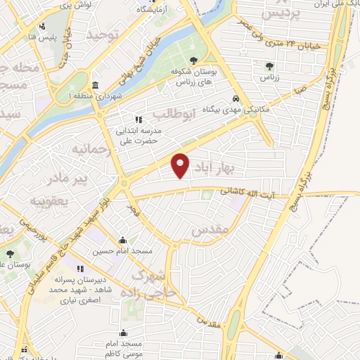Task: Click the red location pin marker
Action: coord(181,165)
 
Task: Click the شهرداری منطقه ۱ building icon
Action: coord(95,84)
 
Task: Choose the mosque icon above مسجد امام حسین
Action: coord(123,240)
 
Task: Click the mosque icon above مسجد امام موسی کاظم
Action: coord(124,333)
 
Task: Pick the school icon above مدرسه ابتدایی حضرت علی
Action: coord(139,120)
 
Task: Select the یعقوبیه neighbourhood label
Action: coord(48,201)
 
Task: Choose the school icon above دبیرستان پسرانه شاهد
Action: coord(80,269)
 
